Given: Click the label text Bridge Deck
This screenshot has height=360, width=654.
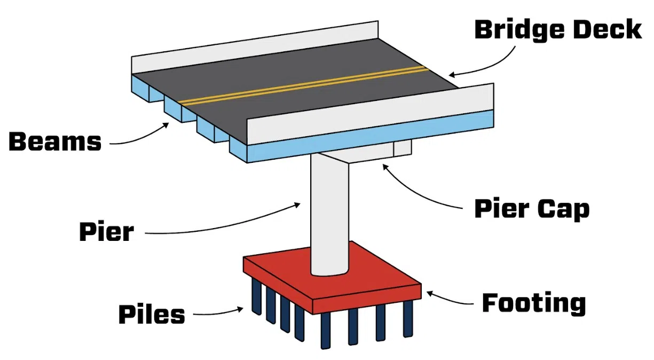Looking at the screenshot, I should point(557,29).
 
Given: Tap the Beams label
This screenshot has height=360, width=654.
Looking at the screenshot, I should point(55,142).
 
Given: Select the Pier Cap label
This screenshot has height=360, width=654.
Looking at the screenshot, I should point(532,209).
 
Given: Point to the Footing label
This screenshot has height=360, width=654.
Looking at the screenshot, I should point(534,303).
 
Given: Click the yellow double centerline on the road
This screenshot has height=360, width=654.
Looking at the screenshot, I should point(304,85).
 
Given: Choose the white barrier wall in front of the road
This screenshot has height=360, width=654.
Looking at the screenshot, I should point(368,115).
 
